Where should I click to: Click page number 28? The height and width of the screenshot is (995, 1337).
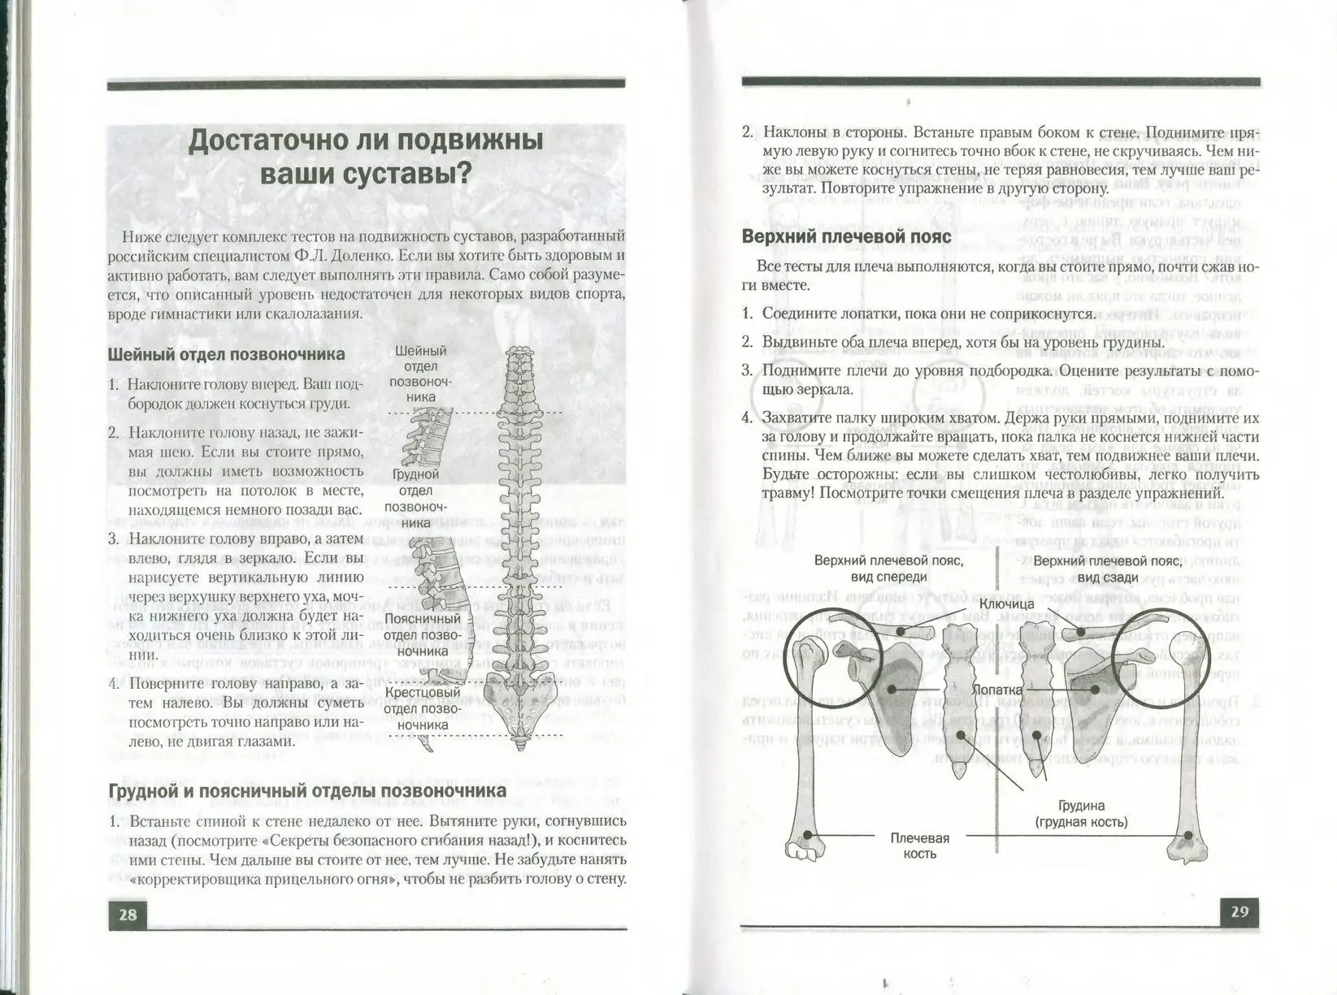(x=128, y=915)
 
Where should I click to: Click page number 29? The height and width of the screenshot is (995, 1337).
(x=1239, y=911)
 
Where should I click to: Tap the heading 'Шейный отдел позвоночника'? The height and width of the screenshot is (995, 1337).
(x=226, y=354)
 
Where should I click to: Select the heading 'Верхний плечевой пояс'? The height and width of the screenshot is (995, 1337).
(x=846, y=236)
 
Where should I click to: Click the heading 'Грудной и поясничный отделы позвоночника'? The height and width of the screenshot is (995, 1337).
(x=307, y=790)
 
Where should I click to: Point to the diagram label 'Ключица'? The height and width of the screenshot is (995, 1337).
(x=1006, y=603)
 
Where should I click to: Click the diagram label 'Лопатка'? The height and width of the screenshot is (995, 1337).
(x=997, y=689)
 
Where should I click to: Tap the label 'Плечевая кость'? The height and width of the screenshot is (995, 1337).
(x=919, y=846)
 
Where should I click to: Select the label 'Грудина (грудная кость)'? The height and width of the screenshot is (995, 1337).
(x=1081, y=814)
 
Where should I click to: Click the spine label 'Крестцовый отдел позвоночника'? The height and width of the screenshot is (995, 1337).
(x=422, y=708)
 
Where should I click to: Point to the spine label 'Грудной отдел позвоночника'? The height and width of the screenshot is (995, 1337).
(x=415, y=498)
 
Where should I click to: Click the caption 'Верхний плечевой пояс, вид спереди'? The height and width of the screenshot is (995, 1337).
(x=888, y=569)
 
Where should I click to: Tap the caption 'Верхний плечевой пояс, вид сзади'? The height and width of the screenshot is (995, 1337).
(x=1107, y=569)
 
